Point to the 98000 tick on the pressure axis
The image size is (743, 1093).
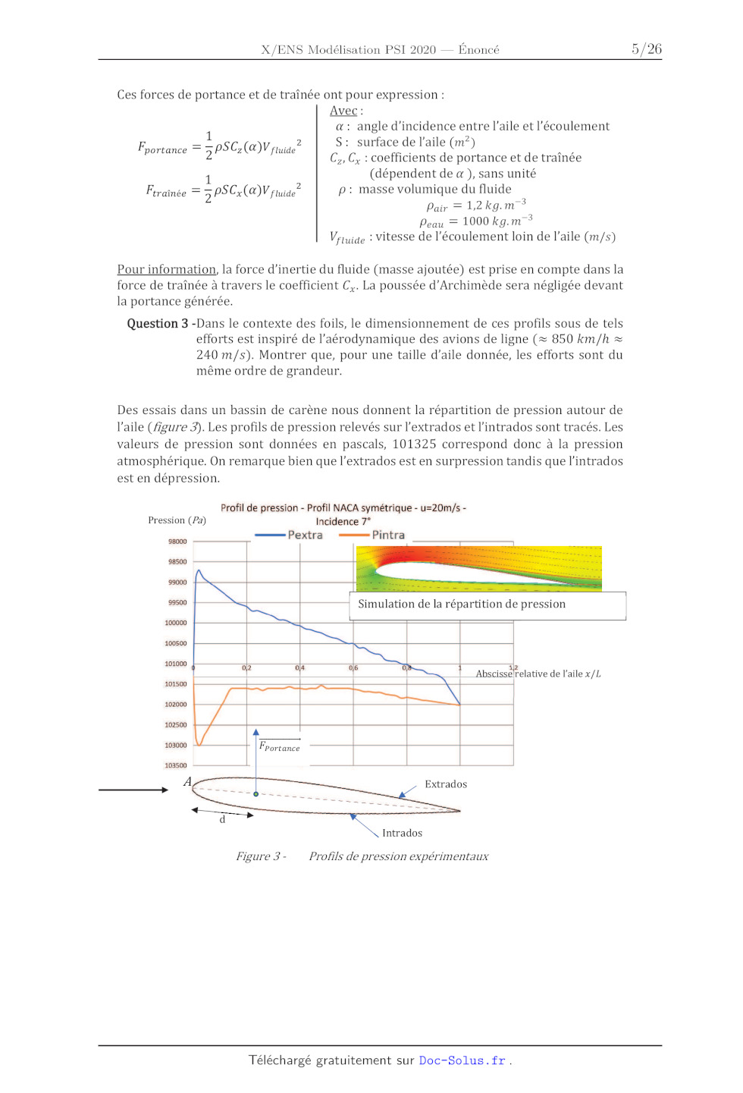[x=177, y=542]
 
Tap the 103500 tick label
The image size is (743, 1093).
[x=176, y=765]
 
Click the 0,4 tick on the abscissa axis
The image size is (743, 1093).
[x=300, y=668]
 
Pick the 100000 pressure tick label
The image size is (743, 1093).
[x=176, y=623]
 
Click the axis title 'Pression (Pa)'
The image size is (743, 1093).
[x=177, y=520]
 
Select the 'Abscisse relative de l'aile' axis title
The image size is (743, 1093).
[x=538, y=674]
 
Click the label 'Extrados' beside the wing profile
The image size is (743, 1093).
[x=446, y=784]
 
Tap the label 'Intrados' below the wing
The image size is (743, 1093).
[x=402, y=833]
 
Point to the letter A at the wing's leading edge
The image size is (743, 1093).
[x=187, y=782]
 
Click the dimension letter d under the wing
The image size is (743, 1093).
[x=222, y=820]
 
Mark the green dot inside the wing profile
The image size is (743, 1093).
[x=256, y=794]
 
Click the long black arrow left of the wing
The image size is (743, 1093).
[x=133, y=790]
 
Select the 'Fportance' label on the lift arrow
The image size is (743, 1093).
[x=280, y=747]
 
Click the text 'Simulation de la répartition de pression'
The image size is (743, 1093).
[x=462, y=605]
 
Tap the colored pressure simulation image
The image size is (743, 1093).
[x=478, y=568]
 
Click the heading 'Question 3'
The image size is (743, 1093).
[x=158, y=324]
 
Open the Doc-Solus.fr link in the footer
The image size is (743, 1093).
[x=462, y=1060]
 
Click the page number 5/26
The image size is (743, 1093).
[x=647, y=49]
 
